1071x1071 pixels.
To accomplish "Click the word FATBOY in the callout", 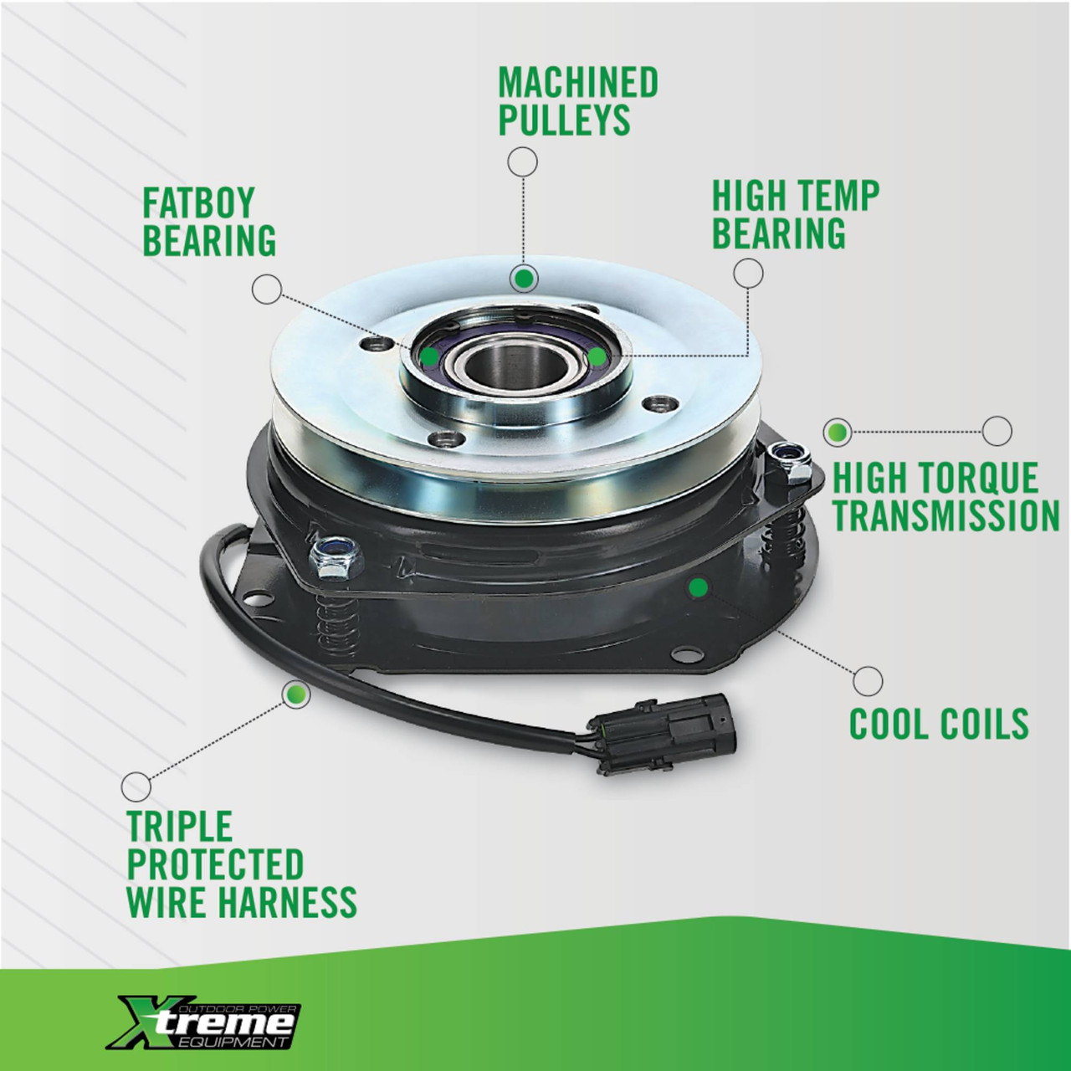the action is point(198,202).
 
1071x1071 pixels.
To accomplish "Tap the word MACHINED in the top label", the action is point(578,82).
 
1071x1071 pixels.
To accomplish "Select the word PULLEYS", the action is point(564,120).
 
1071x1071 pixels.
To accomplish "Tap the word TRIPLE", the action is point(180,827).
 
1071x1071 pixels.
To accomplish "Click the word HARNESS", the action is point(287,901).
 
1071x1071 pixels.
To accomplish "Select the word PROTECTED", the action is point(215,863).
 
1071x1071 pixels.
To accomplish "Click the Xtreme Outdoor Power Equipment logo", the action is point(203,1014).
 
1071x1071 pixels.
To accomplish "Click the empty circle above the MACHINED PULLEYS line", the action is point(522,162).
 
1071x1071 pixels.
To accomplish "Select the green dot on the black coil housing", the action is point(698,587).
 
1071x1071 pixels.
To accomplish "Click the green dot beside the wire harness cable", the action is point(295,694).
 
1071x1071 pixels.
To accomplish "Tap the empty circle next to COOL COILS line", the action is point(868,681).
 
